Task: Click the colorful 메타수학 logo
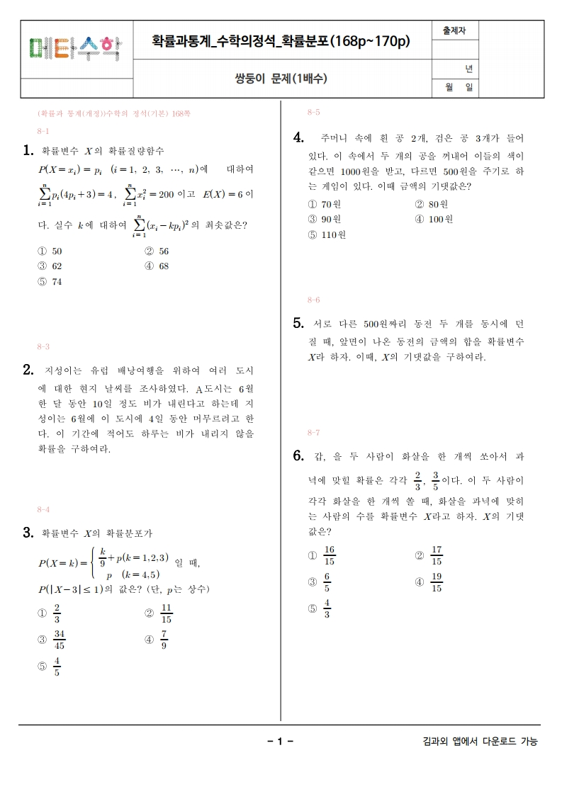[74, 47]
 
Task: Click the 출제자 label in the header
[454, 31]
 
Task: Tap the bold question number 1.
[28, 150]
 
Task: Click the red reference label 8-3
[43, 347]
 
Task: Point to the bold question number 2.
[28, 370]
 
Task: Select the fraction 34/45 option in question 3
[53, 640]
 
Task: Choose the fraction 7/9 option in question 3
[158, 640]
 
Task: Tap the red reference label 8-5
[314, 113]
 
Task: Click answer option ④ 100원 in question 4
[434, 220]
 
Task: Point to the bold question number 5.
[298, 324]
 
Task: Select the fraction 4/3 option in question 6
[321, 608]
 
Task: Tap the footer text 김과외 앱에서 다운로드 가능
[479, 742]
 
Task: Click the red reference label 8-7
[314, 433]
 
